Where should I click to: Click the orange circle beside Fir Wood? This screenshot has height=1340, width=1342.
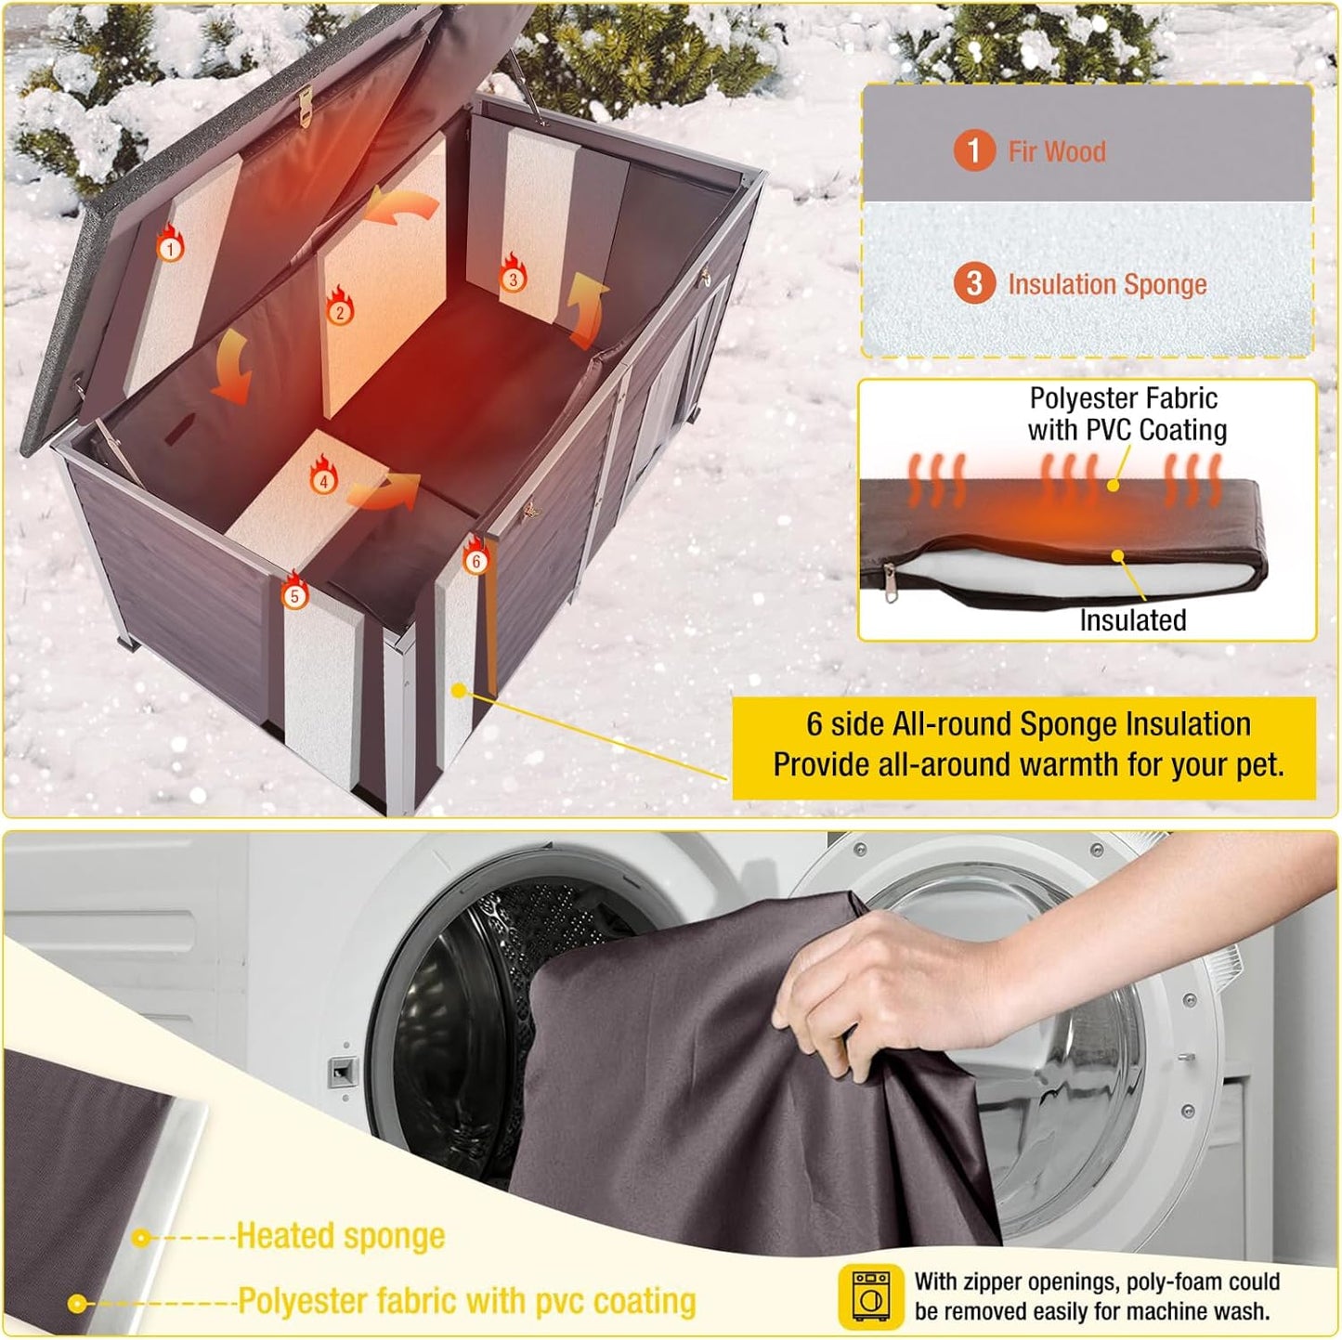pyautogui.click(x=973, y=150)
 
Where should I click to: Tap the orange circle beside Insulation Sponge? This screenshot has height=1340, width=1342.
pyautogui.click(x=973, y=283)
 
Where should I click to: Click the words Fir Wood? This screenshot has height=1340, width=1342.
pyautogui.click(x=1057, y=151)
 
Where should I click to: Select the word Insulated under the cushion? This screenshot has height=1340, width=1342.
pyautogui.click(x=1132, y=620)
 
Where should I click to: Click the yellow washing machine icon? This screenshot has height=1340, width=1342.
pyautogui.click(x=870, y=1295)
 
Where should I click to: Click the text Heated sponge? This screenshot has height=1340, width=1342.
pyautogui.click(x=340, y=1236)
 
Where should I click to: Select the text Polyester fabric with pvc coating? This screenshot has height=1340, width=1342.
pyautogui.click(x=466, y=1301)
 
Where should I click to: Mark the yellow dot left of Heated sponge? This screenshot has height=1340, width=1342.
pyautogui.click(x=141, y=1238)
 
